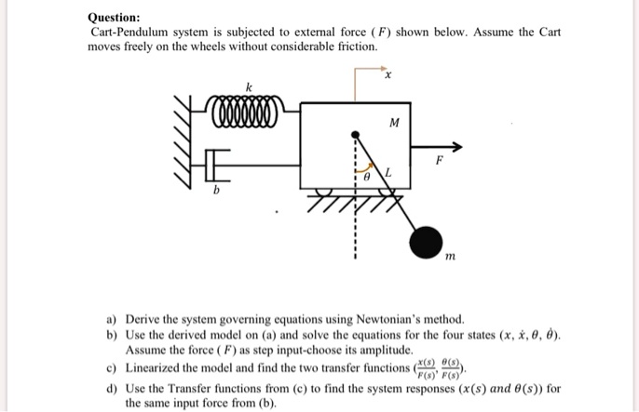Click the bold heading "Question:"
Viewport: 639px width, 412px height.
click(114, 17)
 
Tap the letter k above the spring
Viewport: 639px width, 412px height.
click(247, 86)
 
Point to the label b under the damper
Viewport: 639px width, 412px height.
click(216, 191)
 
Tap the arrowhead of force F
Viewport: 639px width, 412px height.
click(455, 146)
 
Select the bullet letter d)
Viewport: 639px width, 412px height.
click(112, 387)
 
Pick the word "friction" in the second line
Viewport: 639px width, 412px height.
click(354, 46)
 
